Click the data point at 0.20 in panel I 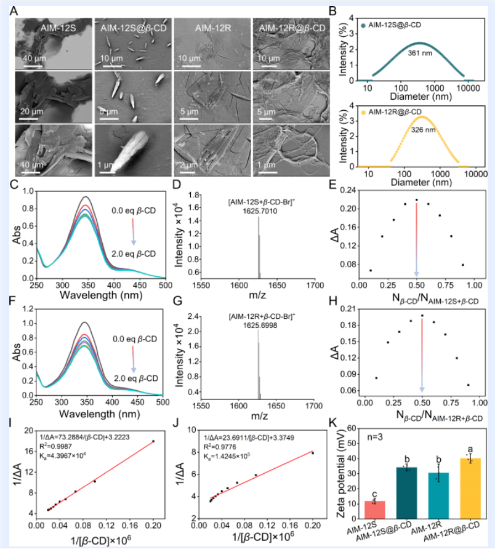[153, 441]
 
